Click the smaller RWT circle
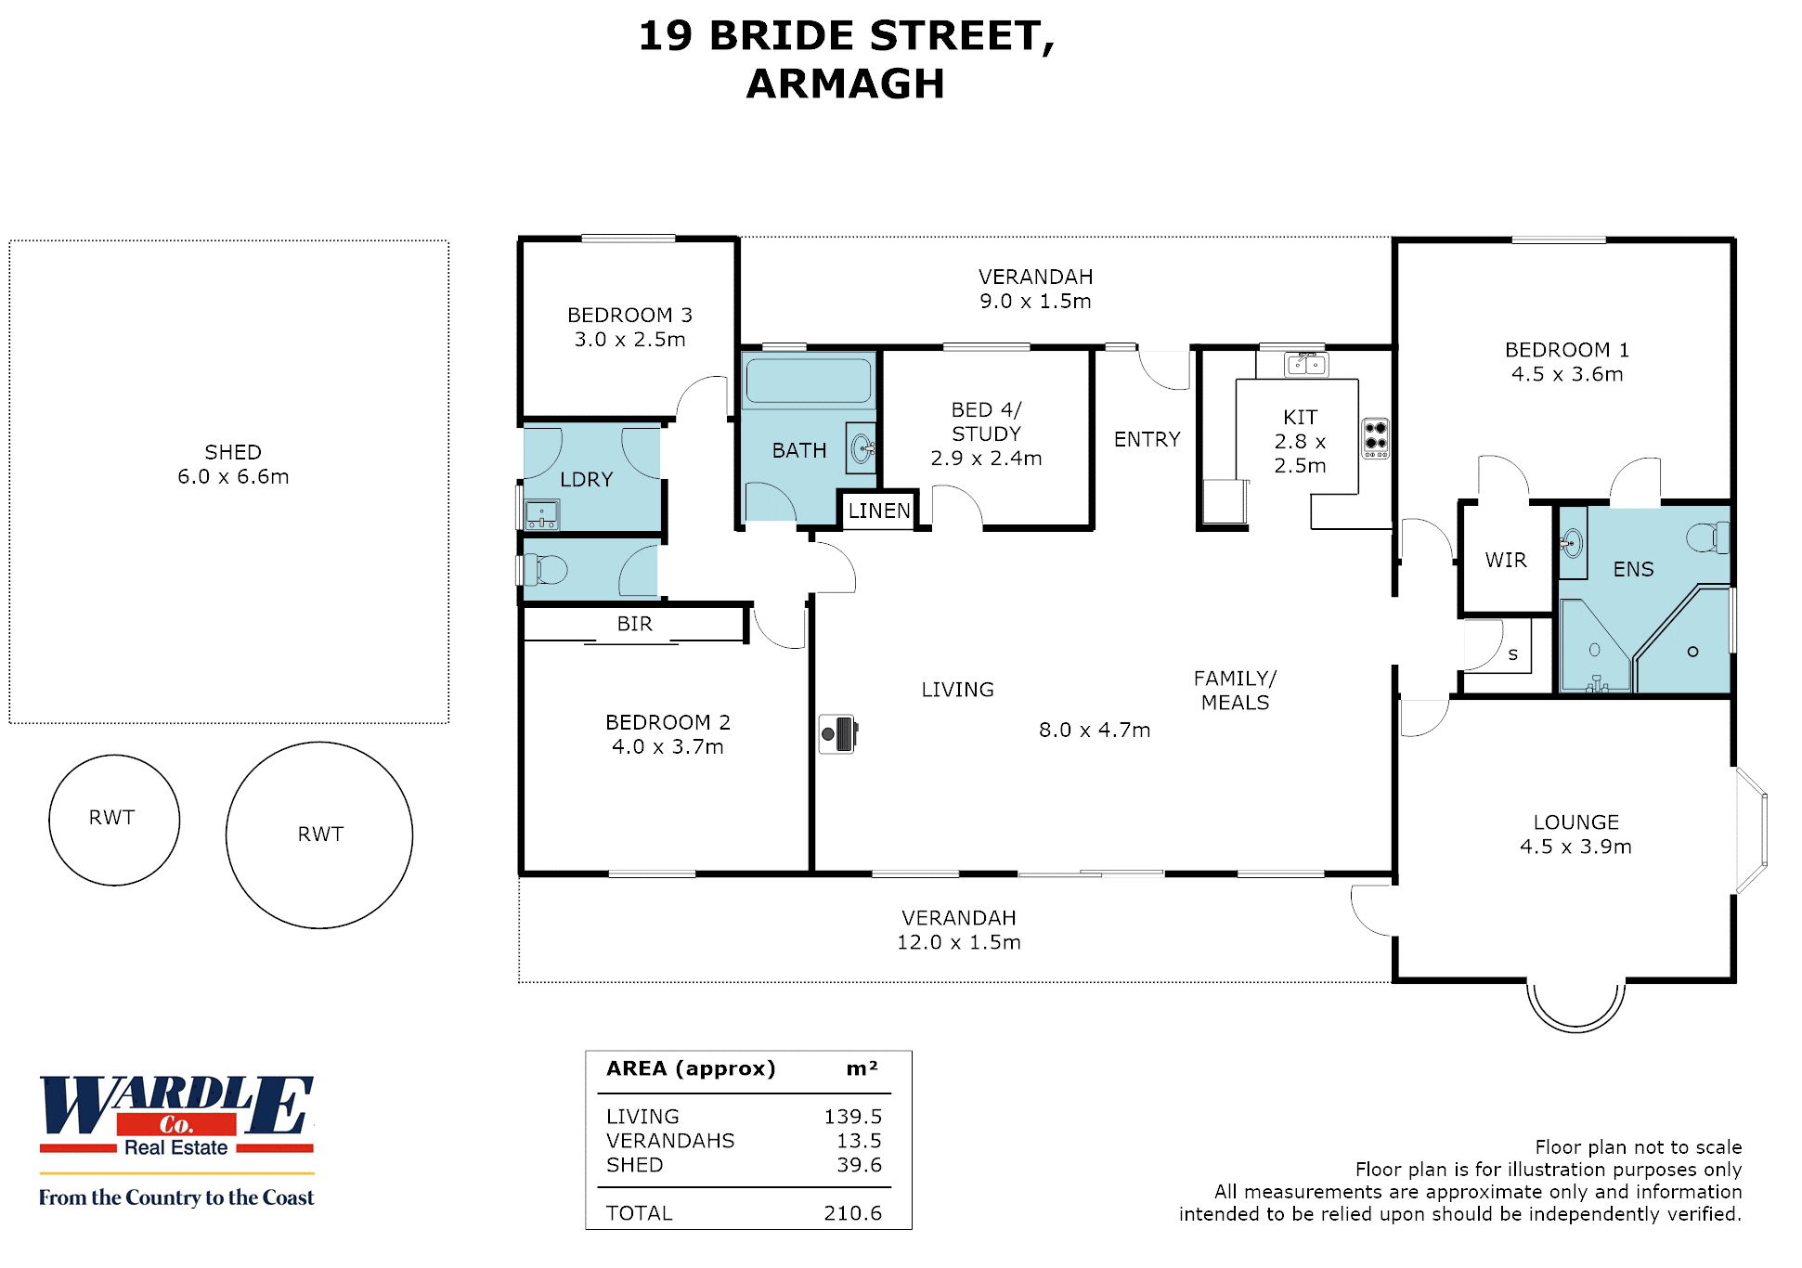click(114, 820)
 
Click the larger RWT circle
click(319, 835)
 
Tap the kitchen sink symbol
click(1306, 365)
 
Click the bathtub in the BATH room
click(809, 381)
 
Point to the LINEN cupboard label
click(879, 511)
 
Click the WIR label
click(1506, 560)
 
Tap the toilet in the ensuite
click(1708, 537)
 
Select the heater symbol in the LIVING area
click(838, 733)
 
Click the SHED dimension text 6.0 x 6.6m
click(233, 476)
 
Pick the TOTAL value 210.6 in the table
click(852, 1212)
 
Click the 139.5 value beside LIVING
click(852, 1116)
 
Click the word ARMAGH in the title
click(845, 84)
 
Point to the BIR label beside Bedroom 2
click(635, 624)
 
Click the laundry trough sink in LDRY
click(541, 513)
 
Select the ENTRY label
click(1147, 439)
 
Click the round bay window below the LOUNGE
click(1575, 1007)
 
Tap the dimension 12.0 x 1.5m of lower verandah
click(958, 942)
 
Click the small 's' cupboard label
click(1513, 654)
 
